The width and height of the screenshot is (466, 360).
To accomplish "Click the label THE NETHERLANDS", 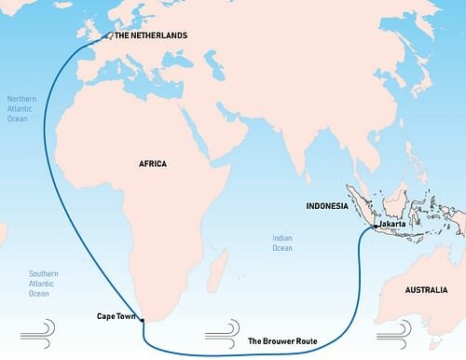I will coord(150,35).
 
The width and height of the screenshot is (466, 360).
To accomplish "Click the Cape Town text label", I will coord(116,316).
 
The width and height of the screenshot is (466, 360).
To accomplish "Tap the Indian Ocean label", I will coord(282,242).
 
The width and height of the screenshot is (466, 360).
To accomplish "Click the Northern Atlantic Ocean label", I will coord(23,110).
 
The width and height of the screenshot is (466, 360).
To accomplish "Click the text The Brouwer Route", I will coord(282,341).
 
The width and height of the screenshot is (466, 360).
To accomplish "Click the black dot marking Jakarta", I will coord(374,227).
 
